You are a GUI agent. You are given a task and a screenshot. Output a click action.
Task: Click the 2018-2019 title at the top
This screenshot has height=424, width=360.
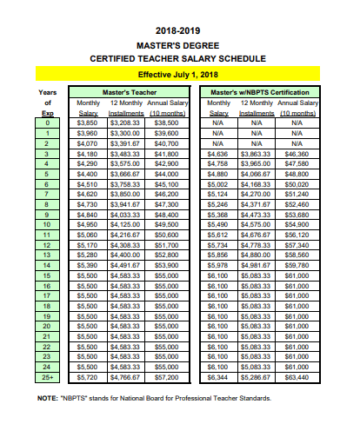[179, 30]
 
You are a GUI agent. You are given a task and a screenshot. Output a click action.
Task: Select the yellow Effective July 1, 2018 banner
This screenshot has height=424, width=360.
[179, 75]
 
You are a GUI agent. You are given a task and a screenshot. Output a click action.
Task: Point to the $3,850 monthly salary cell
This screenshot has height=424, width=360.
[88, 123]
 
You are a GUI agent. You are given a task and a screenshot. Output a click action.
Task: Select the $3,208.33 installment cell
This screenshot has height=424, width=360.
[126, 123]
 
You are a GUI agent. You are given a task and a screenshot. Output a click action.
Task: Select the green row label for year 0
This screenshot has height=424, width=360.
[49, 123]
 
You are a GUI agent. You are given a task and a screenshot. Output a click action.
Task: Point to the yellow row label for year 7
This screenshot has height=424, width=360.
[49, 193]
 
